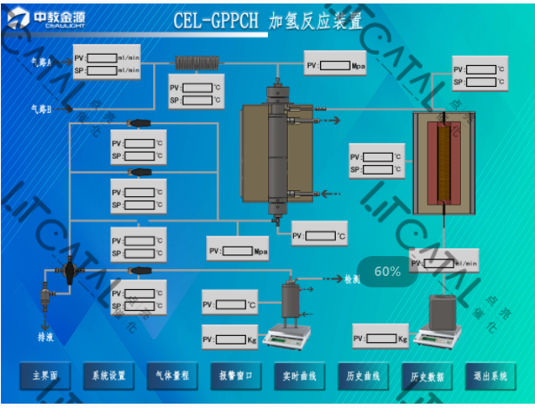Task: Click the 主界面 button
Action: click(44, 376)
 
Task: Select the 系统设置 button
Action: click(109, 376)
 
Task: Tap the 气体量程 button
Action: click(172, 376)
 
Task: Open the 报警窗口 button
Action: click(236, 376)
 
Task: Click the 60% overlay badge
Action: click(387, 272)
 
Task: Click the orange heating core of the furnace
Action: click(450, 164)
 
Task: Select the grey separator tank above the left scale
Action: click(290, 299)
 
